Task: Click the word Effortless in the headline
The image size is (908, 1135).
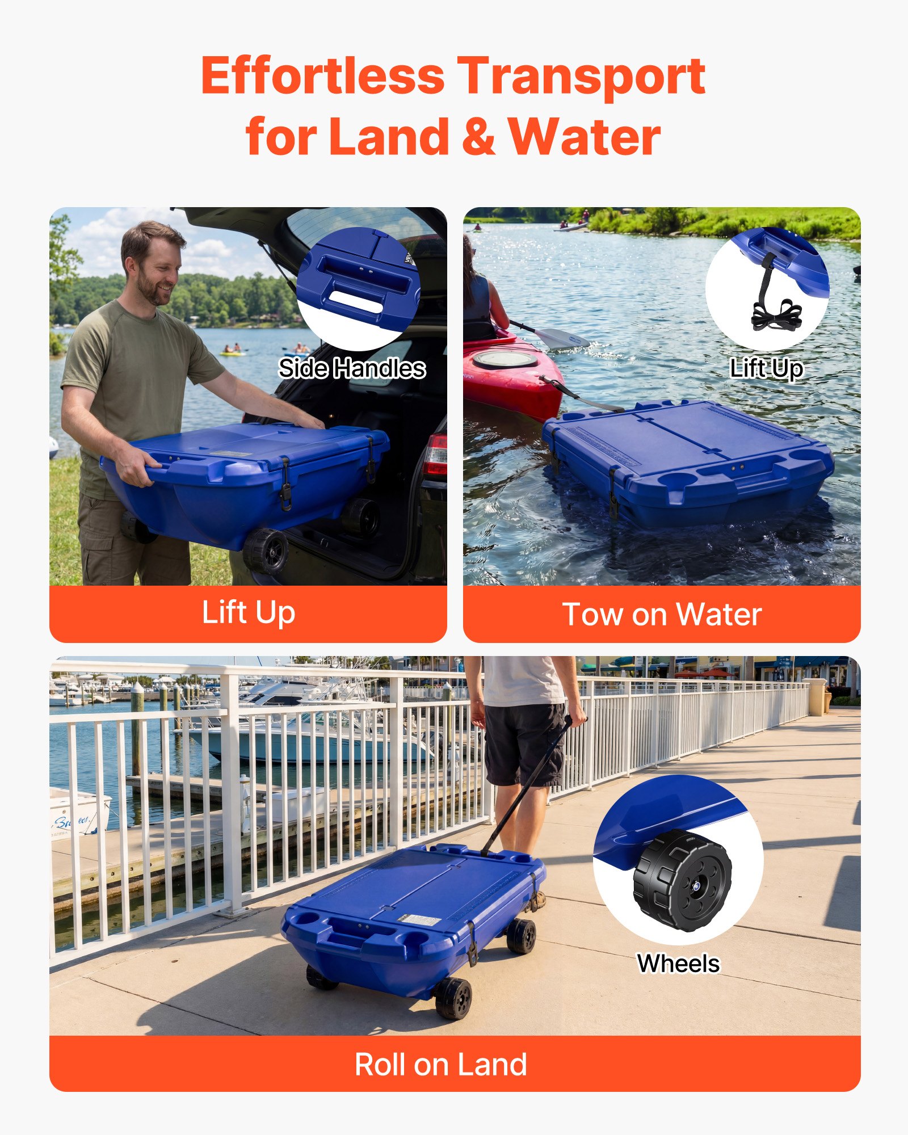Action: point(322,77)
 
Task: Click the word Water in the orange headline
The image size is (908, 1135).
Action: point(584,137)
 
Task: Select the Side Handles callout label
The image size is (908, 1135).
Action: point(352,368)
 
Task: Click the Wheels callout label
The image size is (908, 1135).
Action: point(678,964)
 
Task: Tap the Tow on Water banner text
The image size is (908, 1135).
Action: point(662,615)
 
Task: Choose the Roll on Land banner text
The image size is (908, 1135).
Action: point(441,1065)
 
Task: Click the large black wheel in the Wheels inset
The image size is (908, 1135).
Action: point(682,880)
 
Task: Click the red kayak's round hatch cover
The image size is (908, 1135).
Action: point(505,359)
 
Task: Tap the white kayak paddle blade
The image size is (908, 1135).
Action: point(560,338)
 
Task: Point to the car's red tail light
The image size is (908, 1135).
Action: point(436,455)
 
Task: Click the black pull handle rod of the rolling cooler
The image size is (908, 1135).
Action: point(525,789)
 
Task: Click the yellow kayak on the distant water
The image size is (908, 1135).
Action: point(232,354)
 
